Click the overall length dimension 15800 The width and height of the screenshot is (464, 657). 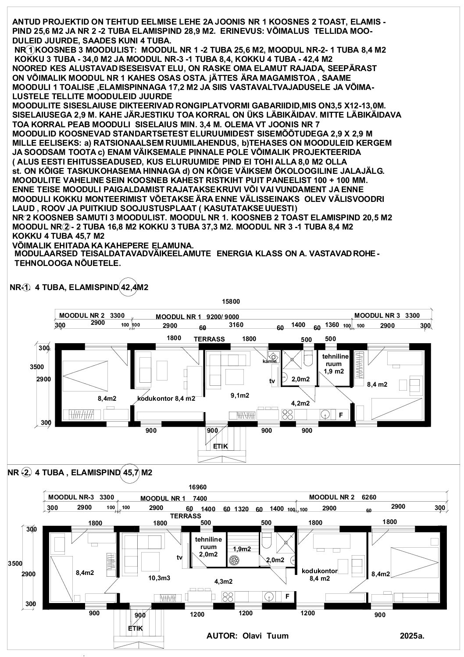[231, 302]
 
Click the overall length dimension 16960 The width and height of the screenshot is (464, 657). [198, 487]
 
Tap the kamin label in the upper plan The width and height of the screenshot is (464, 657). [269, 361]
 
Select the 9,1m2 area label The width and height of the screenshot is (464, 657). [239, 395]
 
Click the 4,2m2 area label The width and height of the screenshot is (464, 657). [300, 403]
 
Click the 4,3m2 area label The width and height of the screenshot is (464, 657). [223, 582]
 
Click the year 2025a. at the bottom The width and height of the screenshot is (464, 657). [412, 636]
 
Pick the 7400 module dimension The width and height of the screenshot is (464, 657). [200, 499]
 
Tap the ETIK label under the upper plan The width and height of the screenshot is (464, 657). [221, 447]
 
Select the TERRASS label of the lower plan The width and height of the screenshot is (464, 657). [186, 516]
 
